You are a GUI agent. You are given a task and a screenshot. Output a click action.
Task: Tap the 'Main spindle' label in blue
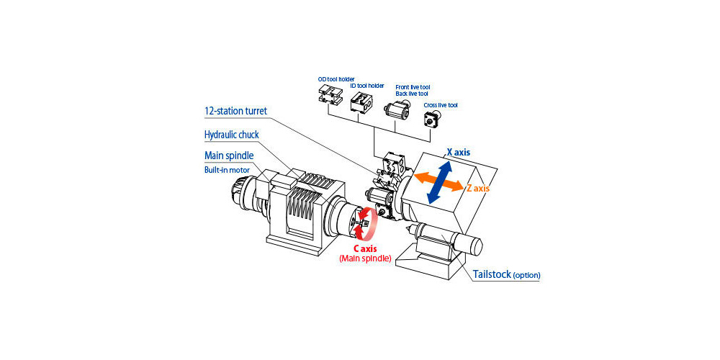[228, 156]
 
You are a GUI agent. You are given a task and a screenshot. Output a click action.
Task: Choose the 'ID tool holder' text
[366, 86]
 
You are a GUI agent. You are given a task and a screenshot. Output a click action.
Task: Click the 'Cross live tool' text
[440, 105]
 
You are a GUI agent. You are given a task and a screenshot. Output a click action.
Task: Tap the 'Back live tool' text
[412, 94]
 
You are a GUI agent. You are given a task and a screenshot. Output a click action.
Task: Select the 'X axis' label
[459, 152]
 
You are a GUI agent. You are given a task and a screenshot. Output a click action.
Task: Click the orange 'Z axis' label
[478, 188]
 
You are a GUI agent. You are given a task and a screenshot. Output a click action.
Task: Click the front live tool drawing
[397, 110]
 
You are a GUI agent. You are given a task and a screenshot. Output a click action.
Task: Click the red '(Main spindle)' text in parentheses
[365, 258]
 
